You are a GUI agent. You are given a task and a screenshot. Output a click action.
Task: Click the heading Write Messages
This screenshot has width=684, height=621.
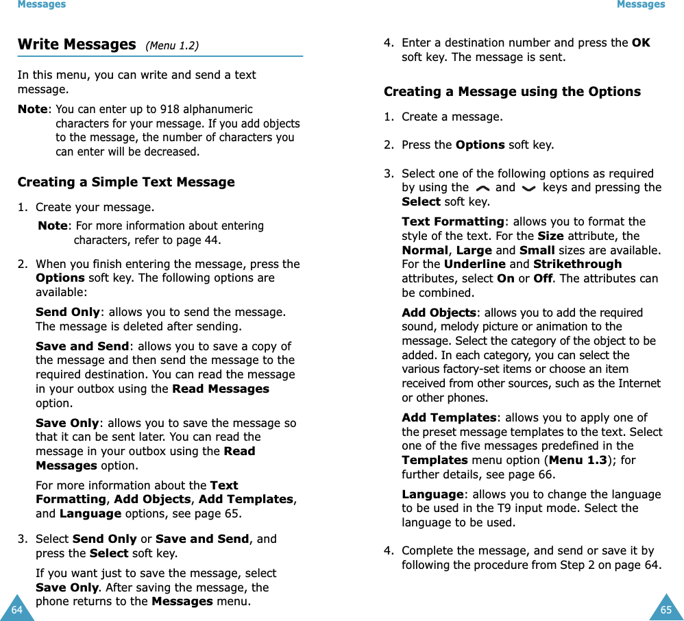point(76,45)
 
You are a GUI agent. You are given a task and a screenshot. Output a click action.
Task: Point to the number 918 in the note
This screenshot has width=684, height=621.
point(168,109)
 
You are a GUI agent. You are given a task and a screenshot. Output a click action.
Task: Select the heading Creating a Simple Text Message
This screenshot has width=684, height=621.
point(126,182)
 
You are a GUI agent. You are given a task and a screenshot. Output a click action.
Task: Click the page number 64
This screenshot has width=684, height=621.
point(16,609)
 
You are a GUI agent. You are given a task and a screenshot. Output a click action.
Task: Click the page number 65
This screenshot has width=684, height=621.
point(665,609)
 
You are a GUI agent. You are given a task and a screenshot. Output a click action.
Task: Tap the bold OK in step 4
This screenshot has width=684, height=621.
point(641,42)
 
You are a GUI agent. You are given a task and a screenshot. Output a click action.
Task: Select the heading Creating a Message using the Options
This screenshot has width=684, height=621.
point(512,91)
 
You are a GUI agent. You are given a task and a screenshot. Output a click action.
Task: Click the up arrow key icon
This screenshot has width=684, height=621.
point(482,188)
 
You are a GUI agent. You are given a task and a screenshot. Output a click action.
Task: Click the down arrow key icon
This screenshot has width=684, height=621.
point(528,188)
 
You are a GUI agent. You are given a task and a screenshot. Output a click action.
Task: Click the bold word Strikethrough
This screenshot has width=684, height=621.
point(577,264)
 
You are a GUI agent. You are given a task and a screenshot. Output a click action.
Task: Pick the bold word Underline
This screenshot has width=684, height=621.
point(476,264)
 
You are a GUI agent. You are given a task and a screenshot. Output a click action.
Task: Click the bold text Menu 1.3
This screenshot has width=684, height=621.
point(578,460)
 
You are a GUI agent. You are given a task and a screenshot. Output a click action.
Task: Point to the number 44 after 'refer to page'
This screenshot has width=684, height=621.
point(212,240)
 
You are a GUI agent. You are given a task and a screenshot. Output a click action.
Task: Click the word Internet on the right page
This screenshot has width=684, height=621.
point(639,383)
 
